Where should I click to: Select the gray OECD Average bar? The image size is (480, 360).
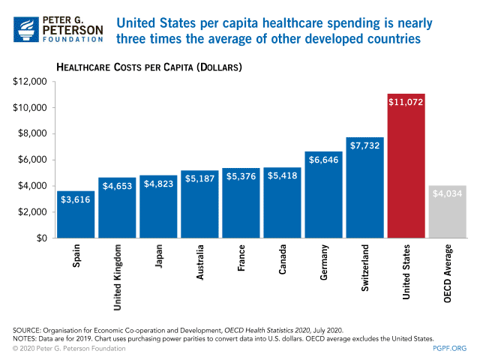pyautogui.click(x=448, y=214)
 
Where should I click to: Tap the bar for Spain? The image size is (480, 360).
pyautogui.click(x=76, y=217)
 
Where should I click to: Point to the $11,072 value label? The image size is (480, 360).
pyautogui.click(x=406, y=102)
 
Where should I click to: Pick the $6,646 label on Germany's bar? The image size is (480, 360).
pyautogui.click(x=324, y=163)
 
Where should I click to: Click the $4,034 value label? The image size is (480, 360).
pyautogui.click(x=448, y=193)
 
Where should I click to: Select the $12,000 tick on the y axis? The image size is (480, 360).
pyautogui.click(x=30, y=82)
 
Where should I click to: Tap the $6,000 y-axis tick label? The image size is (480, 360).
pyautogui.click(x=32, y=160)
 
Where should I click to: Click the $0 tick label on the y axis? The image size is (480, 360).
pyautogui.click(x=40, y=238)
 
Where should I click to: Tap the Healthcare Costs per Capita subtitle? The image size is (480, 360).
pyautogui.click(x=149, y=67)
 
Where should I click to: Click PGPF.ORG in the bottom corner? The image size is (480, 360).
pyautogui.click(x=449, y=348)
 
